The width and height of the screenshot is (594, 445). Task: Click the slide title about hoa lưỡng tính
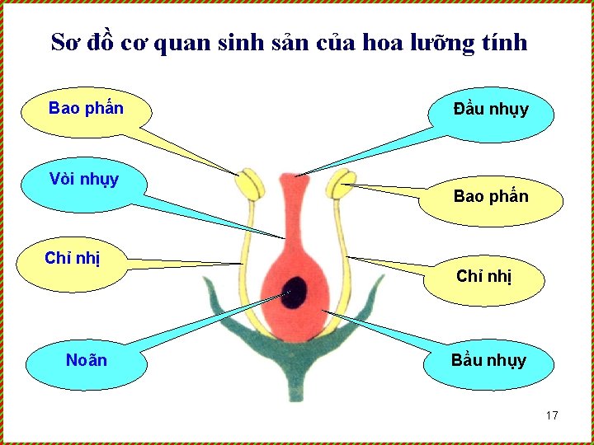point(289,42)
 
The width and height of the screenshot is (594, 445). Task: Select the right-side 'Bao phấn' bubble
point(491,198)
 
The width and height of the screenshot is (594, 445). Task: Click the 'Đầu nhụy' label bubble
point(491,111)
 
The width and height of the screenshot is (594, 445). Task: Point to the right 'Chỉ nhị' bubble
point(484,278)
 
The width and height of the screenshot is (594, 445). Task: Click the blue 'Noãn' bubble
point(87,361)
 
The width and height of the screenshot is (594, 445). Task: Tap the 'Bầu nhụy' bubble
point(488,361)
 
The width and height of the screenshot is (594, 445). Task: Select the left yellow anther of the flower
point(249,184)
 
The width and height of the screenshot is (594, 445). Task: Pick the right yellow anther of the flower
point(340,184)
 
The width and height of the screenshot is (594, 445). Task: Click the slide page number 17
point(552,415)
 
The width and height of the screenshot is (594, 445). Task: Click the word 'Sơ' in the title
point(65,42)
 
